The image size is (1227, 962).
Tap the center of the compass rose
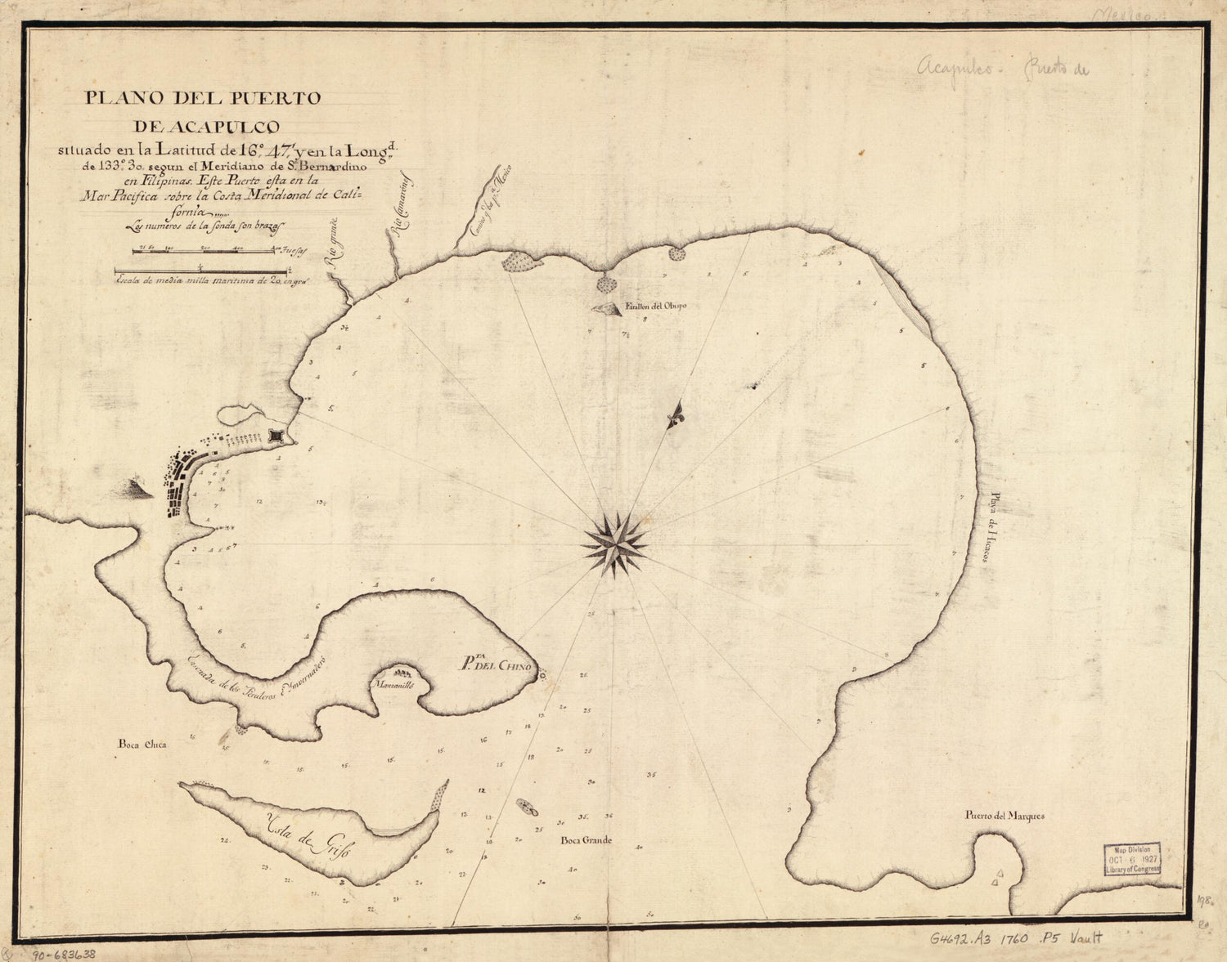tap(614, 544)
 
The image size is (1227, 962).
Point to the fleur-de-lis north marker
tap(676, 416)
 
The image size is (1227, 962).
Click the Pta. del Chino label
tap(494, 665)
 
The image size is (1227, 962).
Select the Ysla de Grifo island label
tap(304, 836)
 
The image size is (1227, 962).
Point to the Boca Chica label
tap(142, 745)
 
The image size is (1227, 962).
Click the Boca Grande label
tap(586, 840)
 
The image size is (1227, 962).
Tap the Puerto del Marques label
tap(1005, 816)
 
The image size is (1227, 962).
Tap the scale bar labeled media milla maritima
tap(200, 271)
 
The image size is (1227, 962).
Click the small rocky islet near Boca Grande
tap(524, 808)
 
